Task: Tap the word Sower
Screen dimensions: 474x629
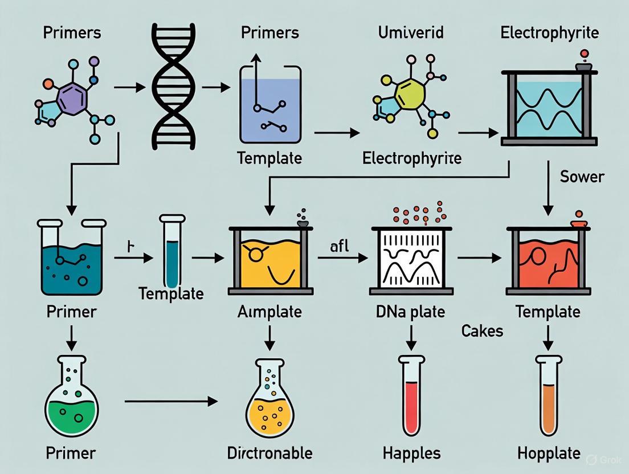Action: pos(581,177)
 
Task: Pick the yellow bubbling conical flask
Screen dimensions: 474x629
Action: pos(269,399)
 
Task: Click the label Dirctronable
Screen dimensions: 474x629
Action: pos(269,453)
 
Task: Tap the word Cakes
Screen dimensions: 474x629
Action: pos(483,331)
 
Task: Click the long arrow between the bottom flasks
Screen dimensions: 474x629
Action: pos(171,402)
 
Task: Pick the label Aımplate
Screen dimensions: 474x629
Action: pos(270,312)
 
